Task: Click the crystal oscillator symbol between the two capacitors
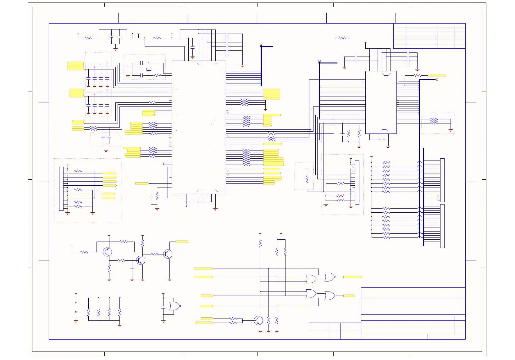tap(149, 69)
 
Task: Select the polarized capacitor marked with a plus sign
tap(111, 36)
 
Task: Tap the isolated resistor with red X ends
tap(342, 38)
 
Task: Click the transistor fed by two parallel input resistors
tap(258, 320)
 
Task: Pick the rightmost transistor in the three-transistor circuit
tap(168, 254)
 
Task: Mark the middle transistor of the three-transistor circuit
tap(141, 260)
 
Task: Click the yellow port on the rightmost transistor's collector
tap(182, 242)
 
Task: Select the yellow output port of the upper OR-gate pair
tap(352, 277)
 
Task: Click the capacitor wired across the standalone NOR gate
tap(163, 306)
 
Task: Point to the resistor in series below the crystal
tap(157, 75)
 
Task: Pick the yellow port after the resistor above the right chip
tap(437, 75)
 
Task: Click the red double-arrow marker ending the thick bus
tap(436, 79)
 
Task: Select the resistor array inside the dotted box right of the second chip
tap(434, 121)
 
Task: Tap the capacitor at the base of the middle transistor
tap(132, 270)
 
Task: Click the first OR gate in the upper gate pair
tap(311, 279)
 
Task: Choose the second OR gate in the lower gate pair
tap(329, 296)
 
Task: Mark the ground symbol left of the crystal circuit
tap(128, 76)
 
